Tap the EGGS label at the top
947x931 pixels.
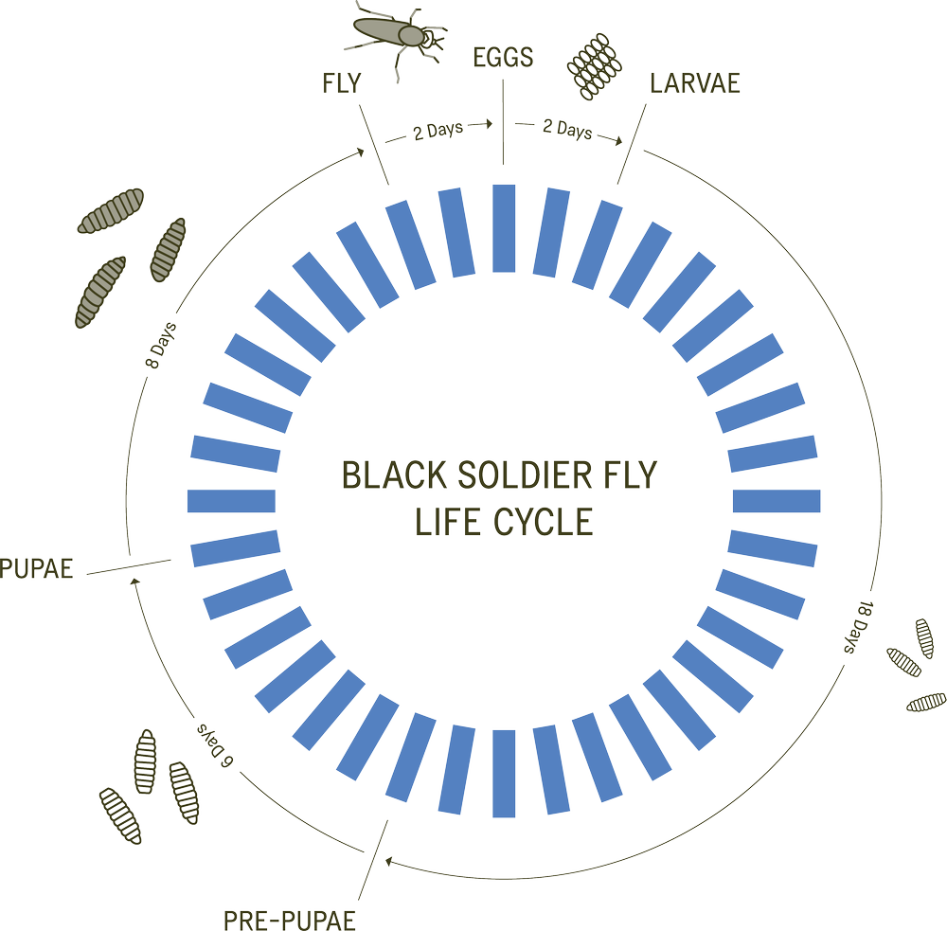(503, 58)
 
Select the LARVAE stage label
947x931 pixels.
(694, 83)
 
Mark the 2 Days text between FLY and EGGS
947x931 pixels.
(438, 134)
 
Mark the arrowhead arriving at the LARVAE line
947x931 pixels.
(621, 142)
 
